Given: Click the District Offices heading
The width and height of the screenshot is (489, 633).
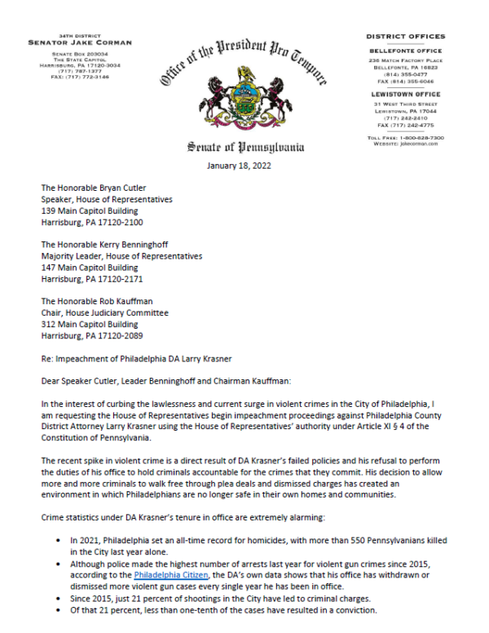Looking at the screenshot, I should coord(405,37).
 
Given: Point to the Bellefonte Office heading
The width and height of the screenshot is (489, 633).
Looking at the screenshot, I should coord(405,51).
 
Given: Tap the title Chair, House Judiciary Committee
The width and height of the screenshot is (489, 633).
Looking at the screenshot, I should coord(105,312).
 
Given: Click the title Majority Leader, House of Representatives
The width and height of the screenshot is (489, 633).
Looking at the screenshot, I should coord(122,255).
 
